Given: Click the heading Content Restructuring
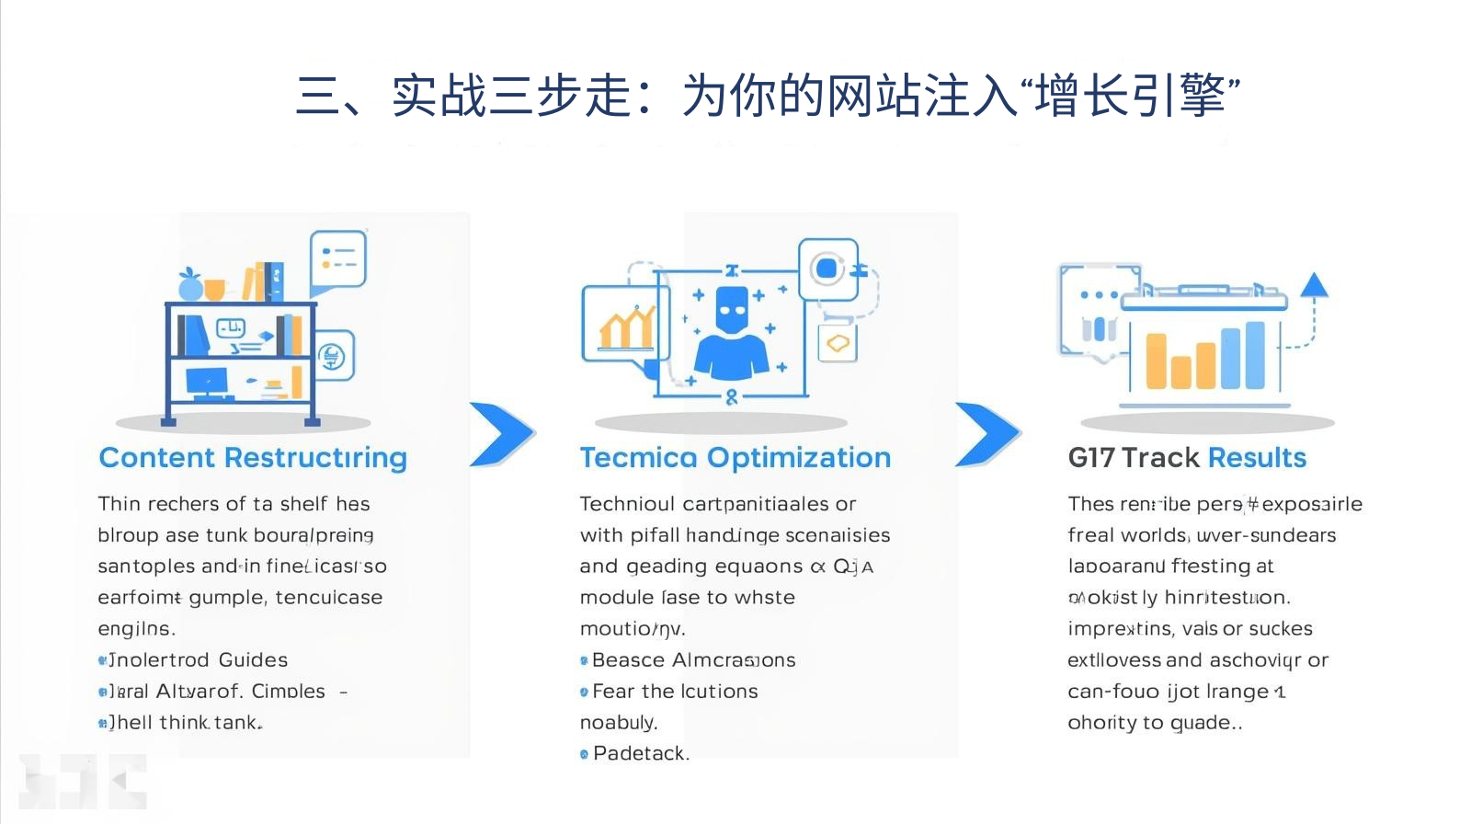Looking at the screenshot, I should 253,458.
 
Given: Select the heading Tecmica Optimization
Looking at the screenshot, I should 735,458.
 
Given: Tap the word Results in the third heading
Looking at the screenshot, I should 1257,458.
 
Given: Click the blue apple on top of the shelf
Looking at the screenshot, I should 190,286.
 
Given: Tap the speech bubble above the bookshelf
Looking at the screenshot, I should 338,257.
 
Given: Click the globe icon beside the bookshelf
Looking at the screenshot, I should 333,356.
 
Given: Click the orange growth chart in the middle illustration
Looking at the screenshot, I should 627,326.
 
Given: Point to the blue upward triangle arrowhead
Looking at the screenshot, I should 1314,285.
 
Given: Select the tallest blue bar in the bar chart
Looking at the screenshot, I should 1255,355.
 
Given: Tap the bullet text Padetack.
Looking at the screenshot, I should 640,753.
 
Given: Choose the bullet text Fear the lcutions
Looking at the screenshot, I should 674,692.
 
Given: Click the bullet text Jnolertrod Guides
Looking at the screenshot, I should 198,660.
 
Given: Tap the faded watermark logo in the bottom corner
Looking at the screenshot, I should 83,782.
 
